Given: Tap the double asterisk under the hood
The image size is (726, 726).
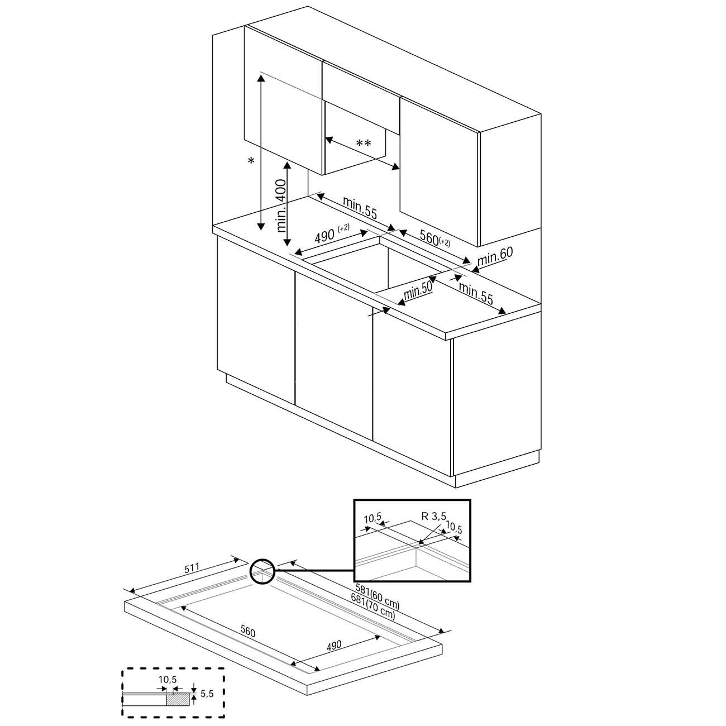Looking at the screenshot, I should click(x=364, y=144).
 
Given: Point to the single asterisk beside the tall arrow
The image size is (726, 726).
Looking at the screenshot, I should click(x=251, y=161).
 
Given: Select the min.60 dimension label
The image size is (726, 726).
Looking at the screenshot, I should click(x=495, y=255).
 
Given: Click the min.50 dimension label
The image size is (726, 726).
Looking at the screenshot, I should click(x=419, y=292).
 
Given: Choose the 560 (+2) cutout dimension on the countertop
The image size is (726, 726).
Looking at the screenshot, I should click(x=433, y=238).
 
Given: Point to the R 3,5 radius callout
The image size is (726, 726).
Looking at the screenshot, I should click(x=433, y=517).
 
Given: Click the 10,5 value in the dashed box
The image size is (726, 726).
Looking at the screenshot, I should click(x=168, y=680).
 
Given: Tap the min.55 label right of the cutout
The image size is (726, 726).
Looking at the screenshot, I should click(x=476, y=294).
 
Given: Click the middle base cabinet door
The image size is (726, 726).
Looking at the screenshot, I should click(x=333, y=357).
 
